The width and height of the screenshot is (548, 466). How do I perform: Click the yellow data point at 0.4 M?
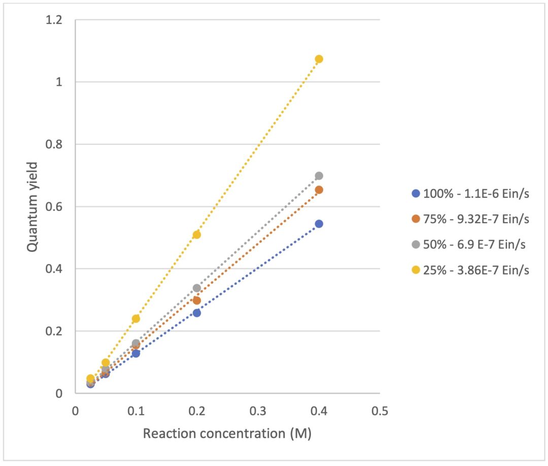(x=319, y=59)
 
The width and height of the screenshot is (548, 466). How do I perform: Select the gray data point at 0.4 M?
(x=319, y=176)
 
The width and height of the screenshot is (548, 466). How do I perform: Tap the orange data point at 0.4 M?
(x=319, y=190)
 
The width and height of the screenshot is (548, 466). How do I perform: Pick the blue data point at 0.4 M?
(x=319, y=224)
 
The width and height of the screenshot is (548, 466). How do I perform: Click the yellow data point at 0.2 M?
(x=197, y=235)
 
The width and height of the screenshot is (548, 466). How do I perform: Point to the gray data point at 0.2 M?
(x=197, y=288)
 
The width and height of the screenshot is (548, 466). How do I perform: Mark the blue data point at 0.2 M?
(x=197, y=313)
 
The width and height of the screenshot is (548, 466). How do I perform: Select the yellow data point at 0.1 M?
(x=136, y=318)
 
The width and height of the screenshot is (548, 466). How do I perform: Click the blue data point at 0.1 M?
(x=136, y=353)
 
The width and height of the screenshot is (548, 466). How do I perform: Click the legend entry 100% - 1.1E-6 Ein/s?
(x=470, y=194)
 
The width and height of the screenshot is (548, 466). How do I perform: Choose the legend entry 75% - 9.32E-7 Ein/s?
(x=470, y=219)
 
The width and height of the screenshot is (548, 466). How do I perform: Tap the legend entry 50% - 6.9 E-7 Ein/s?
(x=469, y=244)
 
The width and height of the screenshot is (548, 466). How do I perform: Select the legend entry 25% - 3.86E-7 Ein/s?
(x=470, y=270)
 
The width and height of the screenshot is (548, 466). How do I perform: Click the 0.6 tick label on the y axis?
(x=54, y=206)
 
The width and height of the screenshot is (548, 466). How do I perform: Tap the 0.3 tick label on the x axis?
(x=258, y=411)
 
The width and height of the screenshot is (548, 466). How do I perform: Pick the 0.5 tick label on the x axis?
(x=380, y=411)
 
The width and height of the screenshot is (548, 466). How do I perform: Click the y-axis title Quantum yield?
(x=32, y=207)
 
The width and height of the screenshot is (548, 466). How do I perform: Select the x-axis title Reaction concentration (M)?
(x=227, y=434)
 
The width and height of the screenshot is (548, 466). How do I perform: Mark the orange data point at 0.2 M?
(x=197, y=300)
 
